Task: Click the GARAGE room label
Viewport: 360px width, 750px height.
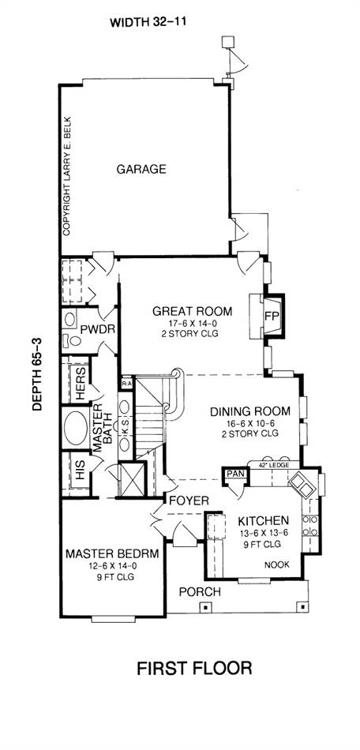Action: (x=141, y=169)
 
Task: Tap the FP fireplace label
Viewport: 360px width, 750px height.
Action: (x=272, y=316)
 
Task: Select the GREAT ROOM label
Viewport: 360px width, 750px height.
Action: (x=192, y=311)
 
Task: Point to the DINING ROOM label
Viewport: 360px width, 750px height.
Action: (x=250, y=411)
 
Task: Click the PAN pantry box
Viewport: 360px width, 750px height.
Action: (x=235, y=474)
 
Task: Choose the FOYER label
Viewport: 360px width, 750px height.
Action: (x=189, y=501)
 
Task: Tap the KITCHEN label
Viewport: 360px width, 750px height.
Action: (x=264, y=520)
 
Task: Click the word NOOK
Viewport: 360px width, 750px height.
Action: (x=277, y=565)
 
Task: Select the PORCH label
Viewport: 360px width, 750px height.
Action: (x=200, y=591)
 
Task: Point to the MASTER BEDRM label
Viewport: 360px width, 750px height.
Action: (x=112, y=554)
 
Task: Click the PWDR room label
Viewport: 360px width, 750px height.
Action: (x=96, y=329)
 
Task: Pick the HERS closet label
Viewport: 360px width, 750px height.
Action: (x=81, y=384)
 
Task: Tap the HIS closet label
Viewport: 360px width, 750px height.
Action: (x=81, y=473)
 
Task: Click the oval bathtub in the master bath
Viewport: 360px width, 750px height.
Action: (x=76, y=428)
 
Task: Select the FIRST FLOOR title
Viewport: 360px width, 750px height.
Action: (x=194, y=668)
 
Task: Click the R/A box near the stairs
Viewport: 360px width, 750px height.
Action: (x=127, y=383)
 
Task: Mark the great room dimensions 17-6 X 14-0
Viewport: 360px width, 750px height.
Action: (x=191, y=324)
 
